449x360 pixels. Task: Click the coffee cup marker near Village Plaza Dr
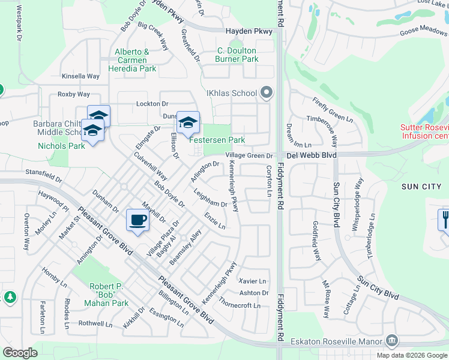[138, 220]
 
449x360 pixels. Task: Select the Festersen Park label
[217, 140]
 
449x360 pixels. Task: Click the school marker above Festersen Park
[188, 123]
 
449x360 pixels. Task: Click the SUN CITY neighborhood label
[424, 187]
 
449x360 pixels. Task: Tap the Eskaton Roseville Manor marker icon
[392, 341]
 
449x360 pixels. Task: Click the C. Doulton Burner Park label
[238, 55]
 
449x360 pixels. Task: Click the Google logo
[20, 353]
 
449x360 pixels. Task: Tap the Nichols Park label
[61, 146]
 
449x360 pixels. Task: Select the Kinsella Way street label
[80, 76]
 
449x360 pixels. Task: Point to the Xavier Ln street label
[252, 281]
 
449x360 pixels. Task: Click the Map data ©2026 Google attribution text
[411, 355]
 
